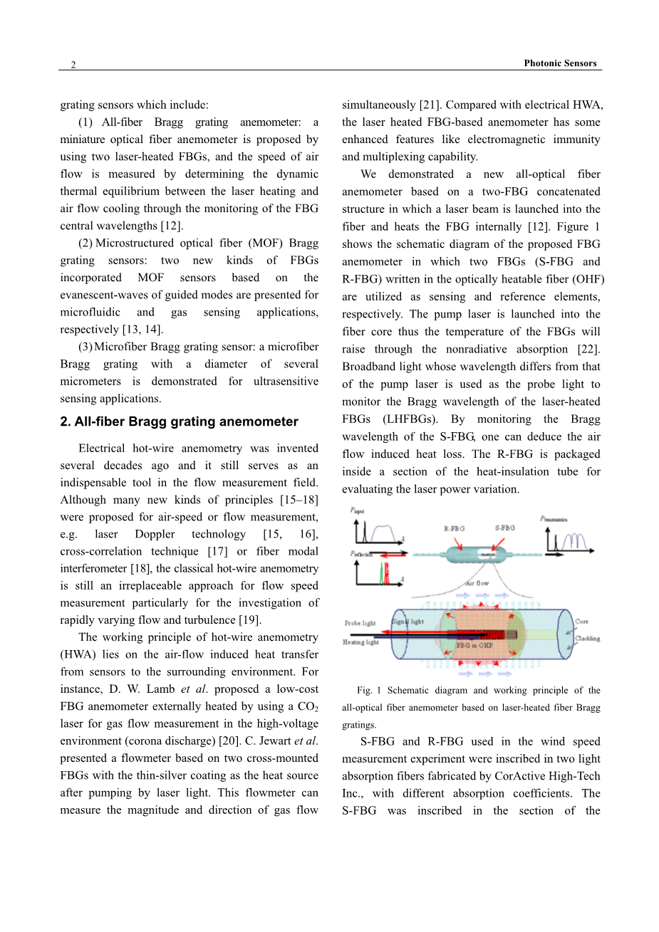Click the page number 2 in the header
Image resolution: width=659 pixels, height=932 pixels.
[73, 65]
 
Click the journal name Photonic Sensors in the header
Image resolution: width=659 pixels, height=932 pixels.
[560, 63]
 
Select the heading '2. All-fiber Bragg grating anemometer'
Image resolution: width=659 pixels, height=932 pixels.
[179, 422]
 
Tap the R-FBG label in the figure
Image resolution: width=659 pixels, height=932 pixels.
[454, 528]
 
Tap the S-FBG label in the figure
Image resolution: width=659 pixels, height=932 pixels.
[504, 528]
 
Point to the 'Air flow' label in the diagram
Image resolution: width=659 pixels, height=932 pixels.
[477, 583]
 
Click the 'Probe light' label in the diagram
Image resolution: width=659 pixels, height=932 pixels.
[360, 623]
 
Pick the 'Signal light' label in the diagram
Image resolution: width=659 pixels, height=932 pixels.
[408, 621]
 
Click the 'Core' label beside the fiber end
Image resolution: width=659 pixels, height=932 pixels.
[581, 622]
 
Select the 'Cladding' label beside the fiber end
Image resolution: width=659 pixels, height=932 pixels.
[587, 639]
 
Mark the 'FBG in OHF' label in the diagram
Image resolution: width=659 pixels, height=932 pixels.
[474, 645]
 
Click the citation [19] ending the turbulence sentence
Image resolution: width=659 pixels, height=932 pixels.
[250, 619]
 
